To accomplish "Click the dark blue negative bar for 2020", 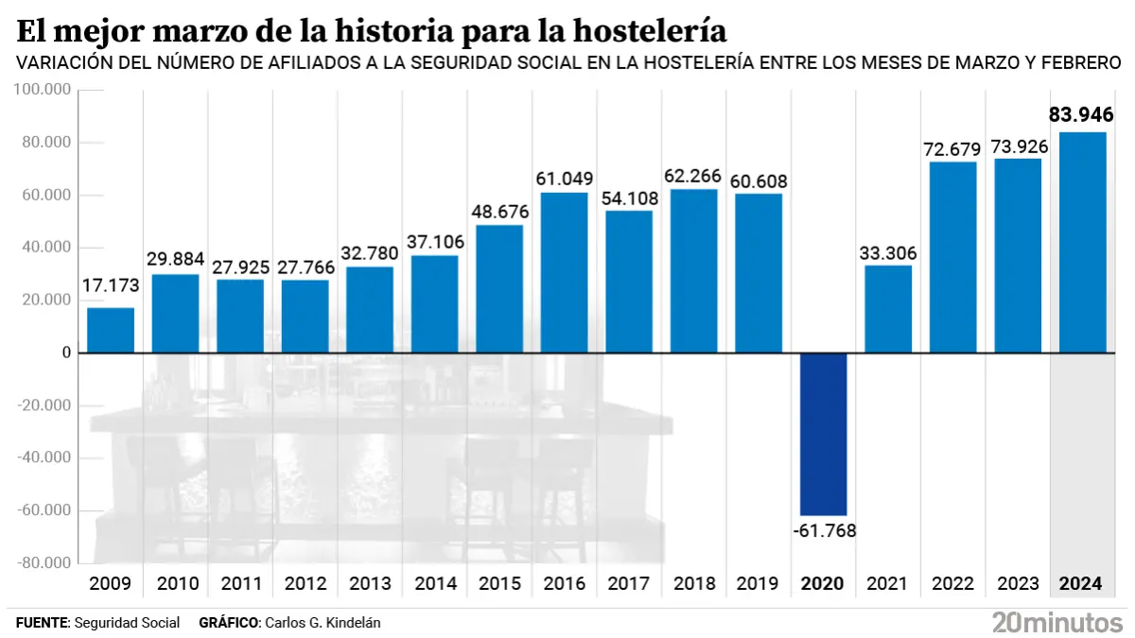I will [823, 434].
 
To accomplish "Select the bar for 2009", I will [111, 330].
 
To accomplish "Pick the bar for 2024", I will [1082, 242].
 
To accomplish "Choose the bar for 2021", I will [888, 309].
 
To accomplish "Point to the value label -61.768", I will [823, 530].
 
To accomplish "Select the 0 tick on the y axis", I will [67, 353].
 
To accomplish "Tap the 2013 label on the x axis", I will [370, 584].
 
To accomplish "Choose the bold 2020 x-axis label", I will [823, 584].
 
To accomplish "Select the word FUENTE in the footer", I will [42, 623].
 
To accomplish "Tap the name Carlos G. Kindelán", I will [324, 623].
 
